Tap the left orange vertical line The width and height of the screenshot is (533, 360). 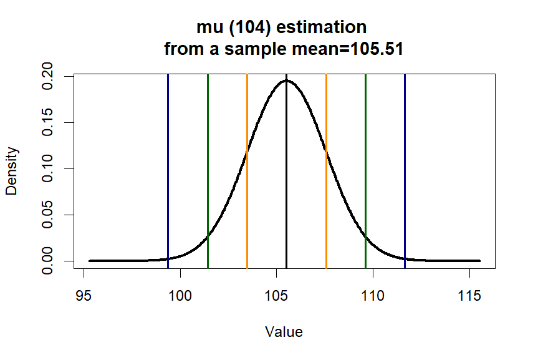(247, 187)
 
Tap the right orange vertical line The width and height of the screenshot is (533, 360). (326, 187)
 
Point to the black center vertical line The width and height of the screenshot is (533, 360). (286, 187)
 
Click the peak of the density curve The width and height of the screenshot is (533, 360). (286, 80)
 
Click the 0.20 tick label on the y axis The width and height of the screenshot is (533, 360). (49, 76)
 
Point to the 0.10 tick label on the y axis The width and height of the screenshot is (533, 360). (49, 168)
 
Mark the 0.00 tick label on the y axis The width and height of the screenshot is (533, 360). (49, 261)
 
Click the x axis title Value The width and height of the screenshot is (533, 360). (284, 332)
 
